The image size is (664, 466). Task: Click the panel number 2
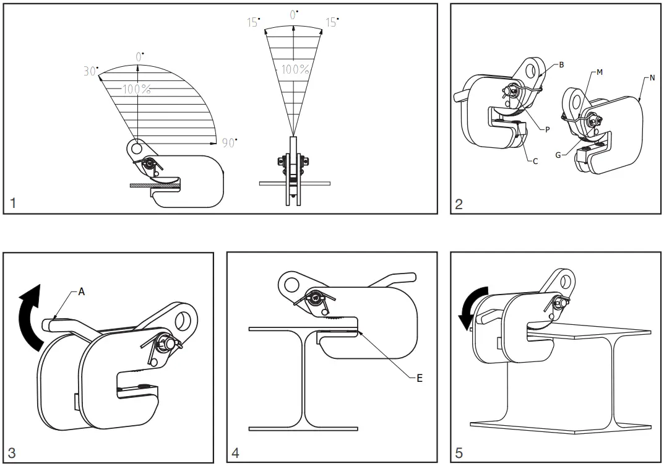(x=459, y=204)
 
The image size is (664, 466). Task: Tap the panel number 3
(x=12, y=453)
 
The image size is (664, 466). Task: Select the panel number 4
(x=235, y=453)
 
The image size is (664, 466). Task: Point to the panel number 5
(x=459, y=453)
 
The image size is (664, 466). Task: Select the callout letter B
(x=562, y=64)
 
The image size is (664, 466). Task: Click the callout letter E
(x=419, y=378)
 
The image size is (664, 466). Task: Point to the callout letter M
(x=600, y=72)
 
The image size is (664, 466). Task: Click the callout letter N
(x=652, y=78)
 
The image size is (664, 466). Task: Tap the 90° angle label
(x=230, y=143)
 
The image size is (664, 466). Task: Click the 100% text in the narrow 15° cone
(x=295, y=69)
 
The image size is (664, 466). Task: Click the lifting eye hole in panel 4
(x=289, y=284)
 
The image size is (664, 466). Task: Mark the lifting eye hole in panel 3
(x=184, y=320)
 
